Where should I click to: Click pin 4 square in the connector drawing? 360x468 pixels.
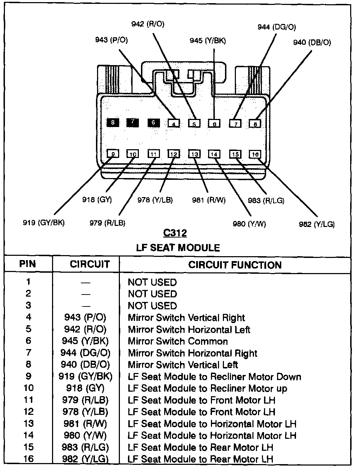174,124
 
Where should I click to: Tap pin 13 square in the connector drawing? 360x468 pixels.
194,154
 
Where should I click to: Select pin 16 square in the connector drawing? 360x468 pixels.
255,154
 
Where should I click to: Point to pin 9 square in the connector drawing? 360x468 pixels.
113,154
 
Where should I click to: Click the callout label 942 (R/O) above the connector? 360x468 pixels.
148,24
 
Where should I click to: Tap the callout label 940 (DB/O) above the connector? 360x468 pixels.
312,43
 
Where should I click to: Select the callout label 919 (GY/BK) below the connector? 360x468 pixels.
44,223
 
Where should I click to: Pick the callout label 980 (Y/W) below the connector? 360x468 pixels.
249,223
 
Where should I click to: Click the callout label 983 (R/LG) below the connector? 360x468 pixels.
266,200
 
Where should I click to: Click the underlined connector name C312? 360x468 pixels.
175,233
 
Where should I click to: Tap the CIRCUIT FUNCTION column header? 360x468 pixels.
235,265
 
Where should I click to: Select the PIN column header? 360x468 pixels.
28,264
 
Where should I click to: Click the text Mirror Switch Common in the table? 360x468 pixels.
178,341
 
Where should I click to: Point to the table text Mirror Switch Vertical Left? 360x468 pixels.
183,365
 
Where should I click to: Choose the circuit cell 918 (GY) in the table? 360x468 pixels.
85,388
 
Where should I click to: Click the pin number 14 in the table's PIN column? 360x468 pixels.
28,436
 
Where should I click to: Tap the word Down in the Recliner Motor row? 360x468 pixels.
289,377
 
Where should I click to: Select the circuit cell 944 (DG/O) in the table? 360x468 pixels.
85,353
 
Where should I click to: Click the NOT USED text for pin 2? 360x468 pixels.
152,294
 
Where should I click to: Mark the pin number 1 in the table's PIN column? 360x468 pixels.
28,282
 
